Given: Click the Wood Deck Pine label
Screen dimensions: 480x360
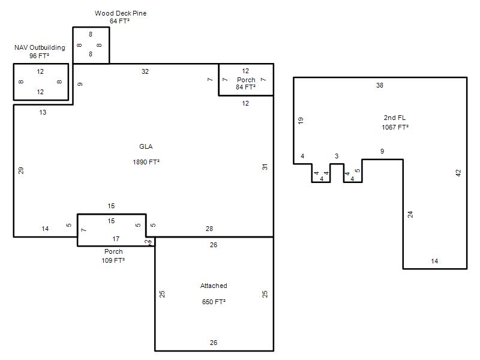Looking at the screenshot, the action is (x=121, y=13).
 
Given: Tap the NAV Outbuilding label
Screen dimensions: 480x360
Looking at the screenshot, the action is (x=40, y=47).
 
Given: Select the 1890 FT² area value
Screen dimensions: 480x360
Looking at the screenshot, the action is (x=146, y=162).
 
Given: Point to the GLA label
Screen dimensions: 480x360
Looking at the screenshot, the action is (x=146, y=146).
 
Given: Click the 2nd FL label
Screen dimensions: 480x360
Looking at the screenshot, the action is (x=395, y=118).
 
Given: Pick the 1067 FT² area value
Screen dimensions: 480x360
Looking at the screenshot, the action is (x=395, y=127).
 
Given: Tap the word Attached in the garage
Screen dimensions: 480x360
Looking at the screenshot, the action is (x=214, y=286).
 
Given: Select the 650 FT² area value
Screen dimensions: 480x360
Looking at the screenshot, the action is (x=214, y=302).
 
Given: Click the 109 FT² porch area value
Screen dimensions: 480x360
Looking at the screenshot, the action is (x=113, y=260).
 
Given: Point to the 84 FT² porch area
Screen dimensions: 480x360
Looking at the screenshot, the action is (x=245, y=87).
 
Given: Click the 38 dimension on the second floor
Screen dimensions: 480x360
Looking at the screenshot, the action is (x=380, y=85).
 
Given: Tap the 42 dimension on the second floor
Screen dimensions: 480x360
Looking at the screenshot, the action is (x=458, y=173).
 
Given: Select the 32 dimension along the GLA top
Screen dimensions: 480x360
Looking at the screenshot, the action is (x=145, y=71).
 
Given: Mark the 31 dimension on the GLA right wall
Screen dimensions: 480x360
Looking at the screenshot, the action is (x=265, y=167).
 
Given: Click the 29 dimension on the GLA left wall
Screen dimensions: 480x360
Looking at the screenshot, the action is (x=21, y=170).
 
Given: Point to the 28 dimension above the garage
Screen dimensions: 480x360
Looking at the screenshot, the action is (x=209, y=229).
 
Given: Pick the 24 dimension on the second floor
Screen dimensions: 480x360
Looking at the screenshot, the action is (x=410, y=214).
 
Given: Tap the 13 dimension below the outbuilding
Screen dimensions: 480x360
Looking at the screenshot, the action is (x=43, y=112).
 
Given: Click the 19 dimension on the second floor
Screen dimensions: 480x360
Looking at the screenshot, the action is (x=301, y=121).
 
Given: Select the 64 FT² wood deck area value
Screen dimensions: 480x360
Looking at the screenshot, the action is (x=119, y=21).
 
